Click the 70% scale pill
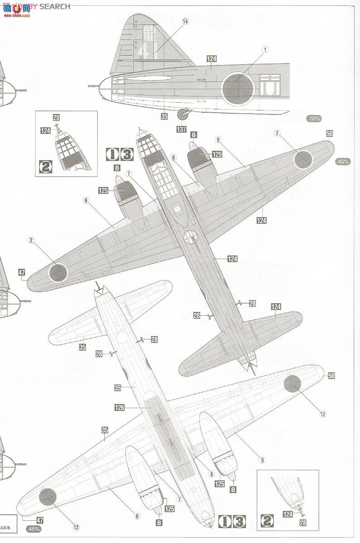[x=314, y=119]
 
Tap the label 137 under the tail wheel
[x=182, y=129]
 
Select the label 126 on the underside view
[x=120, y=407]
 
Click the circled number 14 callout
[x=185, y=21]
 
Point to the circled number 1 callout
[x=265, y=49]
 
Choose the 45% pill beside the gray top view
[x=343, y=162]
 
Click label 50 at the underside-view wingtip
[x=331, y=376]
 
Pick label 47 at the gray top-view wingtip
[x=22, y=272]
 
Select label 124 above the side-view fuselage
[x=211, y=59]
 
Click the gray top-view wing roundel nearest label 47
[x=58, y=272]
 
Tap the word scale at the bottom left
[x=10, y=527]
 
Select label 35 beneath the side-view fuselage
[x=164, y=116]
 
